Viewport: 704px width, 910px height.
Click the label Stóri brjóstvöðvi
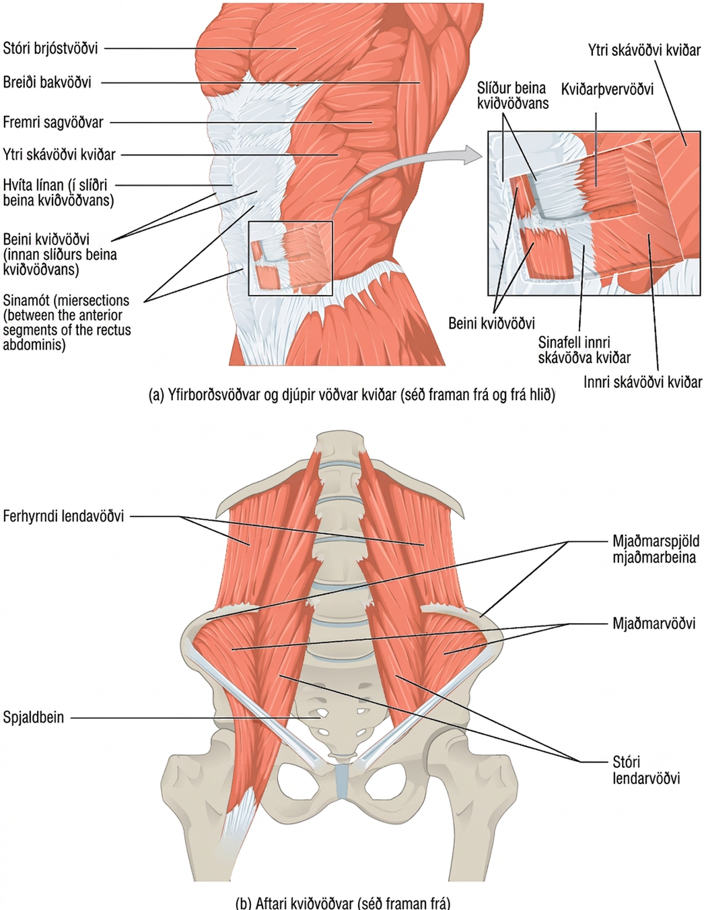(x=50, y=48)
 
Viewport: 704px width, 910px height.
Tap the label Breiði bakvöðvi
(x=47, y=82)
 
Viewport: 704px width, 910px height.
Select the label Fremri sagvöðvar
(x=53, y=123)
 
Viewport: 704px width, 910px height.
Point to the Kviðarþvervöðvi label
(x=607, y=90)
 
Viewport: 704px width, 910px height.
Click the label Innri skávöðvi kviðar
(x=643, y=382)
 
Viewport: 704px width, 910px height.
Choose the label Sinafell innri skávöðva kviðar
(x=584, y=350)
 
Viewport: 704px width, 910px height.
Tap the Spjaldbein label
(x=34, y=718)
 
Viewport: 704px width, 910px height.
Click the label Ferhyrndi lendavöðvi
(x=63, y=516)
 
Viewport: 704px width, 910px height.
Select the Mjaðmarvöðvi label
(x=654, y=624)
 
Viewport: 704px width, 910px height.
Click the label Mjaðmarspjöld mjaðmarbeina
(x=656, y=549)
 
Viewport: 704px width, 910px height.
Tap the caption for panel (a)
(x=352, y=395)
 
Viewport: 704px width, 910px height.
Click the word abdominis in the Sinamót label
(x=34, y=345)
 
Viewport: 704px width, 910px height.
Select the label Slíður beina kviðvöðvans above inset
(x=513, y=96)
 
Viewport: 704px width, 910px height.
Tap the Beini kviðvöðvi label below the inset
(x=491, y=323)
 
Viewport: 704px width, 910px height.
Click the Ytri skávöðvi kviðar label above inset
(x=644, y=51)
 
